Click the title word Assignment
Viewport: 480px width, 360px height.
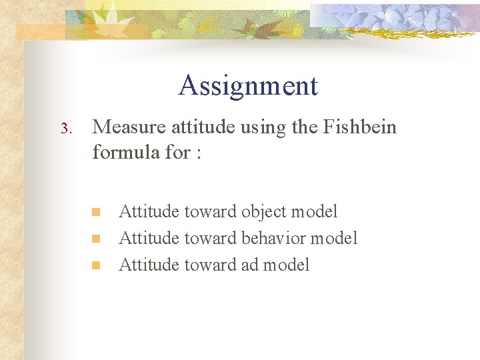coord(248,86)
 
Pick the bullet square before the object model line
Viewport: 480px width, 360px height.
coord(95,212)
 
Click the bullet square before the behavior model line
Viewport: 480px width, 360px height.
coord(95,238)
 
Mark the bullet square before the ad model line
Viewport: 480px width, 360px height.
coord(95,265)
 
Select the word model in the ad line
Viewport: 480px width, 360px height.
coord(287,265)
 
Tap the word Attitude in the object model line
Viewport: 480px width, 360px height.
coord(149,212)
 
